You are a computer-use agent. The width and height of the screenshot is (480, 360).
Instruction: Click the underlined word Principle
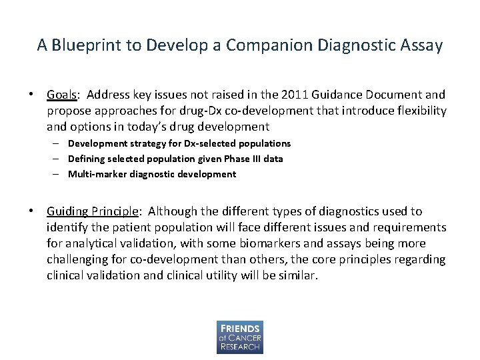point(115,211)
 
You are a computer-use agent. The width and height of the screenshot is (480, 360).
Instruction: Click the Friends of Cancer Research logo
point(239,337)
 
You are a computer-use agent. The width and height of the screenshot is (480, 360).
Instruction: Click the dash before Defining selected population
point(58,159)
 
